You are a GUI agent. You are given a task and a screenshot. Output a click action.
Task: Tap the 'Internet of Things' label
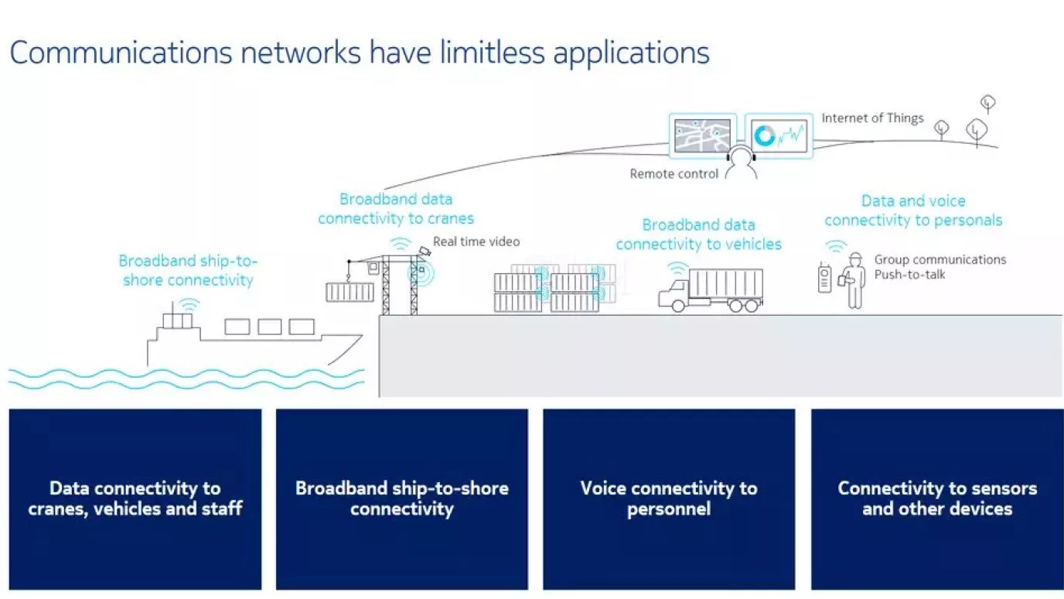pos(872,118)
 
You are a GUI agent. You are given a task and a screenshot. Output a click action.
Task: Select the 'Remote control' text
pos(674,174)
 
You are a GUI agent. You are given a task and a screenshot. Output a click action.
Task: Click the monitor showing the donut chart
pos(778,135)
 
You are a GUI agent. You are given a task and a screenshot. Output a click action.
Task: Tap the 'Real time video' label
pos(476,241)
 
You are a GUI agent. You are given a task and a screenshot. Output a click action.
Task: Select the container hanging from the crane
pos(350,292)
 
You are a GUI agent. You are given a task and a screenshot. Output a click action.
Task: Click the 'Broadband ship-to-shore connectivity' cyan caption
pos(188,270)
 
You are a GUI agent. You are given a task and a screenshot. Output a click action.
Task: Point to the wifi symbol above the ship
pos(188,303)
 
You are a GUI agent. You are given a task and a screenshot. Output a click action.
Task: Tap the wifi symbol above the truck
pos(678,269)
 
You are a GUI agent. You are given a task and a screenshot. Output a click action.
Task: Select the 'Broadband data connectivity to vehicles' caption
pos(699,234)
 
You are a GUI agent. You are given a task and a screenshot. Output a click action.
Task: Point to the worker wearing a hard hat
pos(854,280)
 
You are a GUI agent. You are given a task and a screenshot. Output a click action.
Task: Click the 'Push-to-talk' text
pos(909,275)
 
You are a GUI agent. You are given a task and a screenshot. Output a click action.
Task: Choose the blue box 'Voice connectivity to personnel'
pos(669,499)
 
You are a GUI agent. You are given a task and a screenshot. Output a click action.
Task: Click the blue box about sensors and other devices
pos(937,499)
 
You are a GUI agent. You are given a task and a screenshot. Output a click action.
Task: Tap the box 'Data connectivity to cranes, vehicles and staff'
pos(135,499)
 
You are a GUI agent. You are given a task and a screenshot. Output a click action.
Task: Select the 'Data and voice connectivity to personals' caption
pos(913,211)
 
